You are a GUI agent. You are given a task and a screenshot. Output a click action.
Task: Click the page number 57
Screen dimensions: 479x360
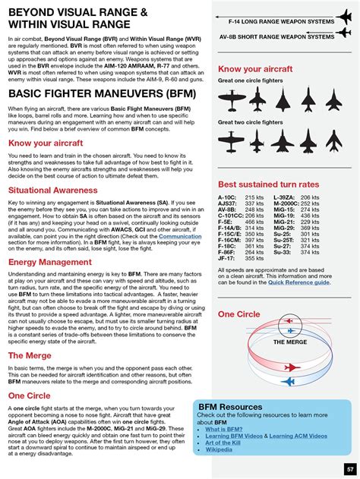(349, 468)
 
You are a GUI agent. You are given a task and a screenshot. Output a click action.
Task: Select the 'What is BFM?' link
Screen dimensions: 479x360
(224, 429)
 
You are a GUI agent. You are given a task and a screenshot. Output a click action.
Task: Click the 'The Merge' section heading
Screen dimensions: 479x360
(30, 355)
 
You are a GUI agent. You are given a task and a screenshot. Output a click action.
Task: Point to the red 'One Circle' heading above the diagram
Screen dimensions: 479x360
(240, 314)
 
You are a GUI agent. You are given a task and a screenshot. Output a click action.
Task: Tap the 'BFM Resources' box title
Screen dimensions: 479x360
(230, 407)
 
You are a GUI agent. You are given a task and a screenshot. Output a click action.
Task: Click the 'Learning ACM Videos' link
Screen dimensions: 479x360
(298, 436)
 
